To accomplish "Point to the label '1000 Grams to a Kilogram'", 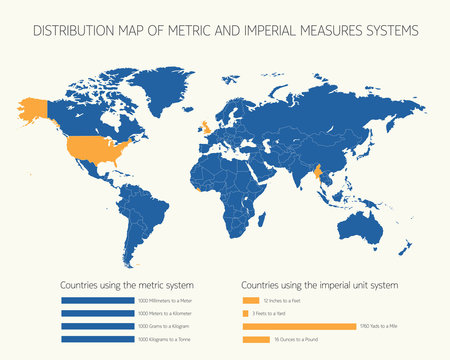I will click(x=165, y=326).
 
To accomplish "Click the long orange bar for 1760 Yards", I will click(x=299, y=326).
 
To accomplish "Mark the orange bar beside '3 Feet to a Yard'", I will click(x=245, y=313).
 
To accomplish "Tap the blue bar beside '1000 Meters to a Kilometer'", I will click(x=96, y=313).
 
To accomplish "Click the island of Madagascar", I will click(x=264, y=218).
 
